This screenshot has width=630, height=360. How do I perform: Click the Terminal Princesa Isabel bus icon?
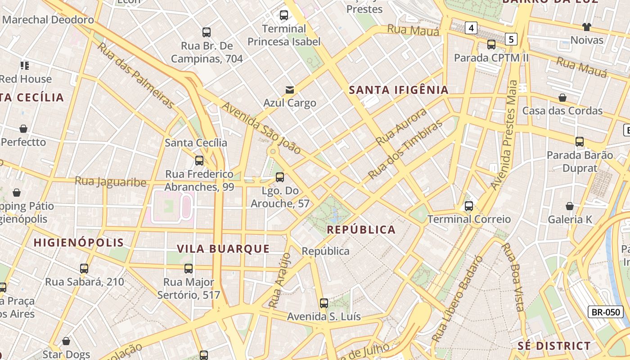(x=284, y=15)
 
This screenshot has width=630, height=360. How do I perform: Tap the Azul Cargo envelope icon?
(x=290, y=90)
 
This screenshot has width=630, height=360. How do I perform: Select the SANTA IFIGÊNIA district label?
(x=399, y=90)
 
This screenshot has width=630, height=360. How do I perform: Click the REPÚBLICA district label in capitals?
(x=361, y=230)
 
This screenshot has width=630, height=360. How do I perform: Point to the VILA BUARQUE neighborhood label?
(x=223, y=249)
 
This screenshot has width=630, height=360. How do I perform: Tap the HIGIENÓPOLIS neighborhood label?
(x=79, y=243)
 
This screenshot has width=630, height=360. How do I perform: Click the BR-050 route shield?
(x=605, y=312)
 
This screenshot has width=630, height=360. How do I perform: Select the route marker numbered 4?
(x=471, y=28)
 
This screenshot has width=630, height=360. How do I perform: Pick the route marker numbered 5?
(x=511, y=39)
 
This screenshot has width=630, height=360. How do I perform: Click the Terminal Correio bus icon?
(x=469, y=206)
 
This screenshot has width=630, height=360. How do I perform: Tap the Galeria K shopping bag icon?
(x=570, y=206)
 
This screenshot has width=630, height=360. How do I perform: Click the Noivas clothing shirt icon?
(x=587, y=27)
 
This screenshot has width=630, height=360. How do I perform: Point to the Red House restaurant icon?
(x=25, y=66)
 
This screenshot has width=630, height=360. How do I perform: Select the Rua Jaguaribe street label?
(x=111, y=182)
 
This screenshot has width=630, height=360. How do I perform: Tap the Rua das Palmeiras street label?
(x=135, y=76)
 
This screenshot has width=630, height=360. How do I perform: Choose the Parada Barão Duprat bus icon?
(x=580, y=142)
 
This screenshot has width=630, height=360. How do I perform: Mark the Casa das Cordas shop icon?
(x=562, y=98)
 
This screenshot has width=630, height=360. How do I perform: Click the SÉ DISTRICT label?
(x=554, y=346)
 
